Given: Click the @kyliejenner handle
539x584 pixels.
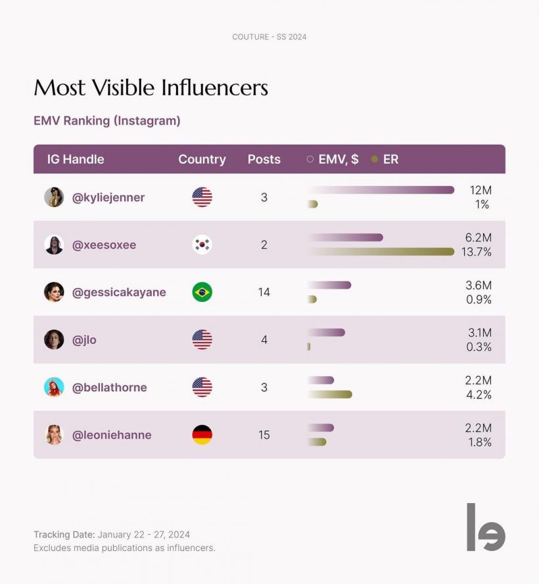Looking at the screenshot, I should [108, 197].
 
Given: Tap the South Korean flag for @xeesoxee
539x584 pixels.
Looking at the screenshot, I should [202, 245].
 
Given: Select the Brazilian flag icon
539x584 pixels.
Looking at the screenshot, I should [202, 292].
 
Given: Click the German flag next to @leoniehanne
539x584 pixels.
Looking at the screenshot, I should [202, 435].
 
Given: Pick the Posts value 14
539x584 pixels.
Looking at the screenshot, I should [264, 292].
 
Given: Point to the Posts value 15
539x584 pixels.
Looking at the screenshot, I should [264, 435].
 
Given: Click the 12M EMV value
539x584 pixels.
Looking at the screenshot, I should [480, 190].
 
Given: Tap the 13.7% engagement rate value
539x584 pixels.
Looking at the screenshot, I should [477, 252].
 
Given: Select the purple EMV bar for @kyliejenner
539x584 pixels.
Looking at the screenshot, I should [381, 190].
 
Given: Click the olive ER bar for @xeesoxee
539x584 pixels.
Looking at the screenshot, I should [381, 251].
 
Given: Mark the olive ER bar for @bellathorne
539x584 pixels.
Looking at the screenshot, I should [330, 395].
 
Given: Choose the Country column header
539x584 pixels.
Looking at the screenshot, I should [202, 159].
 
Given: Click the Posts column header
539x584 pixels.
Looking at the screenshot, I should [264, 159].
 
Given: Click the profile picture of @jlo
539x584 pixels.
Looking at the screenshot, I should [54, 339].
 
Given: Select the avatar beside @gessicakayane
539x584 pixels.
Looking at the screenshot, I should [54, 292].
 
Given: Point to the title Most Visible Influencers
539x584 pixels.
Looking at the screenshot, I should [151, 87].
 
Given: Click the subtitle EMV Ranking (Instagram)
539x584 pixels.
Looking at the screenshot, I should [107, 121].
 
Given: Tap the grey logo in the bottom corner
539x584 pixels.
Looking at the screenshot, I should [485, 527].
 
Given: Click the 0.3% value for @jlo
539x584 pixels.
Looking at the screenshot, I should [479, 347].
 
